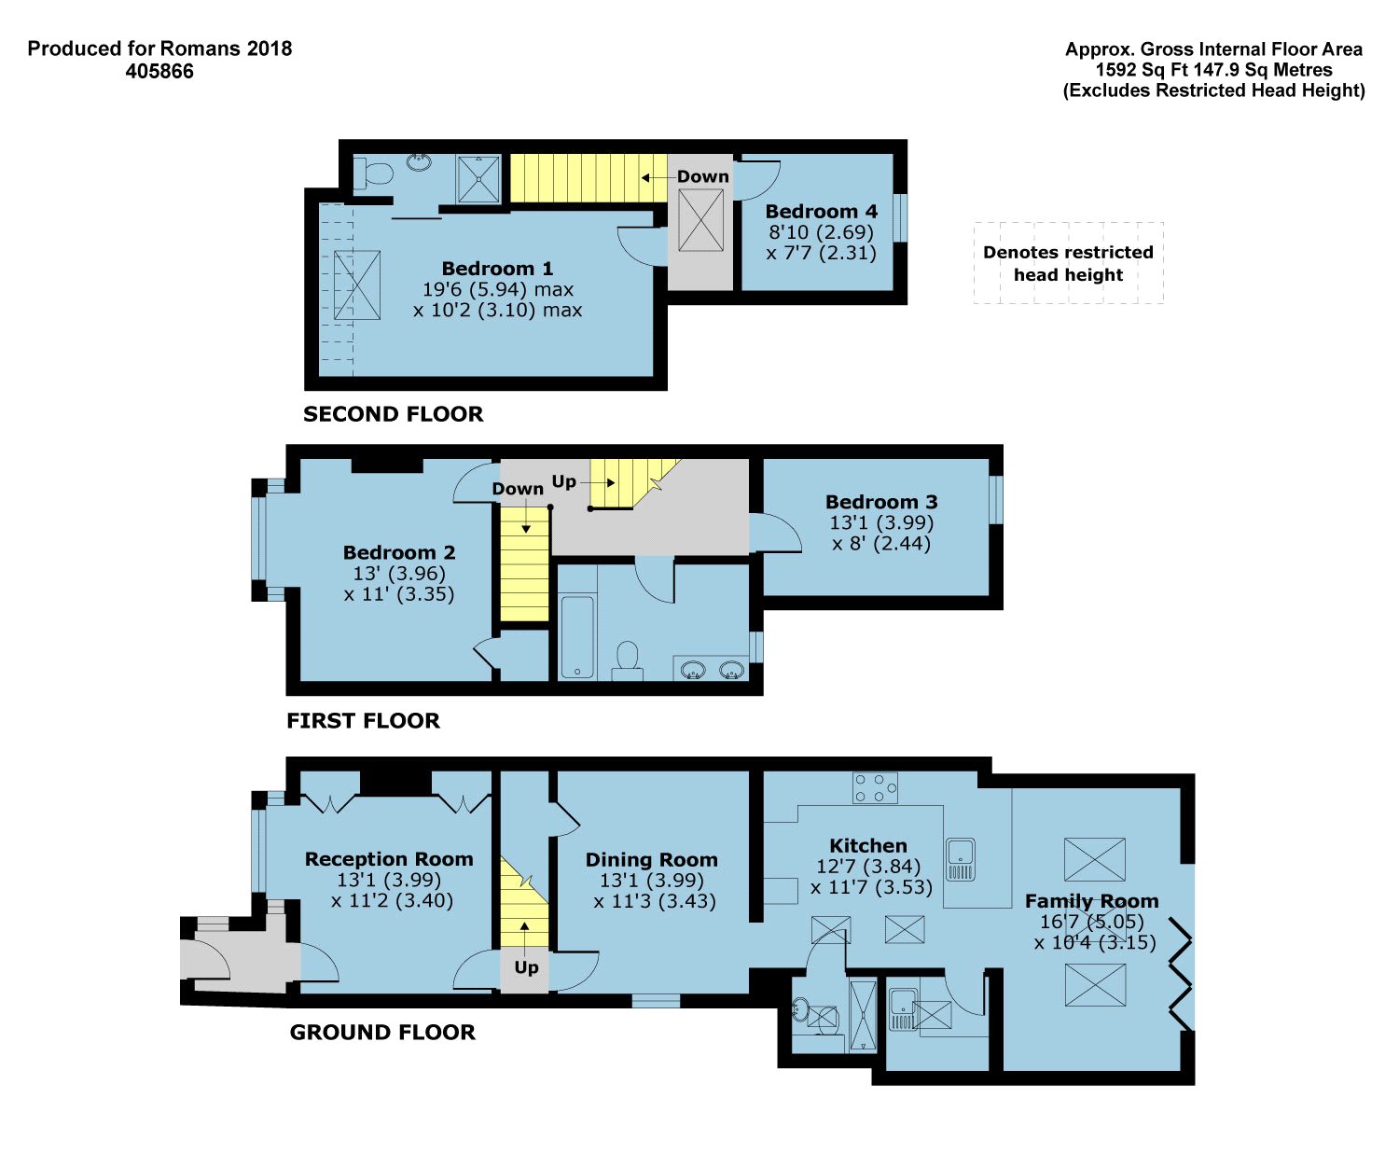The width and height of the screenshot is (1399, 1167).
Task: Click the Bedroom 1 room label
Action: point(497,269)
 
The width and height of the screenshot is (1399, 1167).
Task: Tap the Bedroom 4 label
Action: point(821,212)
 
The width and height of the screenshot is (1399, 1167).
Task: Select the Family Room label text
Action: point(1091,901)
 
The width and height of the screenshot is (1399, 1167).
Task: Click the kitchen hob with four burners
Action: point(875,788)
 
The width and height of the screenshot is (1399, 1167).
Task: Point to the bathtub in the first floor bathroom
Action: point(577,637)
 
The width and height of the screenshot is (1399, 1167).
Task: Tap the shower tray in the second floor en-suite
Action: point(478,179)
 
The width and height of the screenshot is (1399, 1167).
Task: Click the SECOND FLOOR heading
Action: point(394,414)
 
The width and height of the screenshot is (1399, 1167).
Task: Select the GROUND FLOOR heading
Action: point(382,1033)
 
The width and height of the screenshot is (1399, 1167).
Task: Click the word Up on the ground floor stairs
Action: point(526,967)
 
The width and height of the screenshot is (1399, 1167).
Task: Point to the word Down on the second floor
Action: point(703,177)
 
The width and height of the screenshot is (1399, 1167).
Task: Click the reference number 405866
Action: point(159,72)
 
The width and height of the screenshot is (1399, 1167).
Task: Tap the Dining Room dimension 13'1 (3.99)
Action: point(651,880)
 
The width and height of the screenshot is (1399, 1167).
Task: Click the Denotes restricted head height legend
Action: point(1068,263)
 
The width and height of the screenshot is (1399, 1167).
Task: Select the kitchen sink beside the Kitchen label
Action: point(960,859)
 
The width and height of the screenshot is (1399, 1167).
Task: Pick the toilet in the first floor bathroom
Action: point(628,660)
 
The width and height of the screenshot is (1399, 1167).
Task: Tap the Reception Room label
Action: point(389,859)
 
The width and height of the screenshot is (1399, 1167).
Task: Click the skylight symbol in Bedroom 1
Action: point(357,285)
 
